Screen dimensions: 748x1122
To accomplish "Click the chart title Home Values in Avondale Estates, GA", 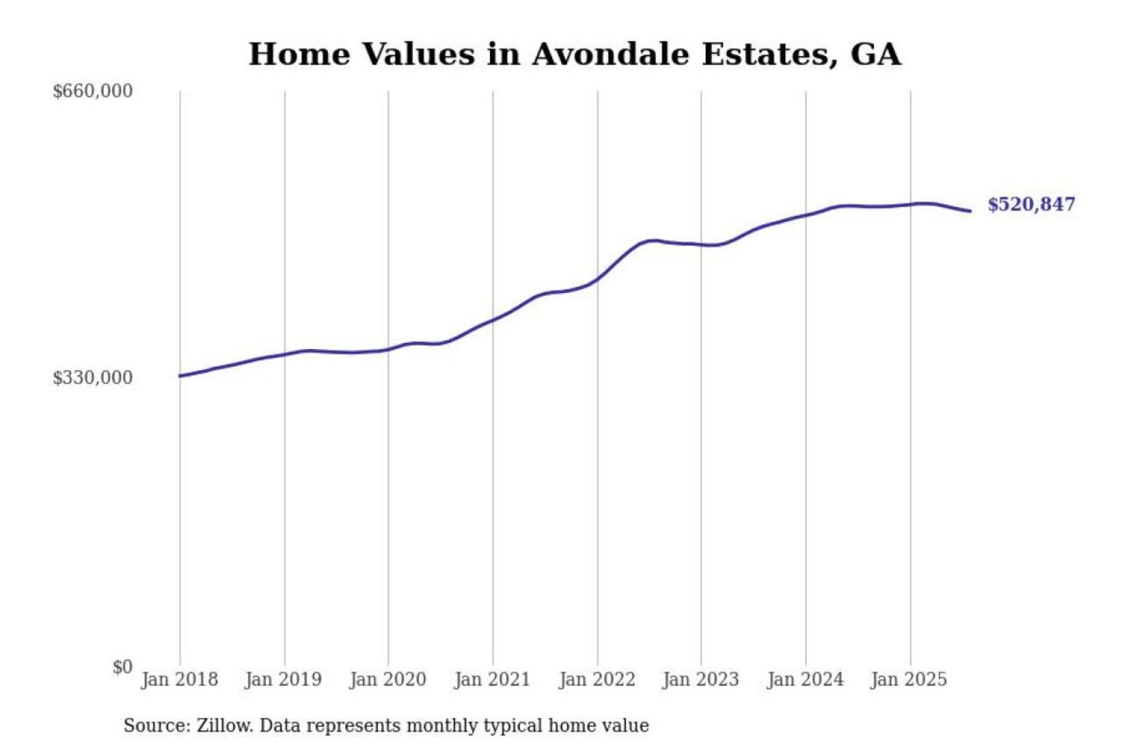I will [x=574, y=55].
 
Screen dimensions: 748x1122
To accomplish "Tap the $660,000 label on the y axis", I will [x=93, y=91].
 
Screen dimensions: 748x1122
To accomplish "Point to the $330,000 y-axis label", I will [x=93, y=378].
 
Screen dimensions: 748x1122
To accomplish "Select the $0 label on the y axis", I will [x=122, y=667].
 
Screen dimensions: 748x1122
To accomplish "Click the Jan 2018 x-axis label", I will [x=179, y=679].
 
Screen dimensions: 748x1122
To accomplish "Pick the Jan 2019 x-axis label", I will [x=283, y=679].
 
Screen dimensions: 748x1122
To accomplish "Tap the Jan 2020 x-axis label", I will [x=387, y=679].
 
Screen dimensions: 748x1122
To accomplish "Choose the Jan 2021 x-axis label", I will [x=492, y=679].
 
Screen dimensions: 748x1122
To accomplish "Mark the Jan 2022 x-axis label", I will [x=597, y=679].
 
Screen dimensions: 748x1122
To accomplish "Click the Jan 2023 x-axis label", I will [x=700, y=679].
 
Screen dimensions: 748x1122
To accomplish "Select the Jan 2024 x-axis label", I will [x=805, y=679].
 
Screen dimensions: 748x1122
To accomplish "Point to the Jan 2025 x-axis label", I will [x=909, y=679].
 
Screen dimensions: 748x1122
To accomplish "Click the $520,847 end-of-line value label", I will [x=1031, y=204].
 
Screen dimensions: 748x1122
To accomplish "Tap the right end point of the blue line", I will [x=970, y=211].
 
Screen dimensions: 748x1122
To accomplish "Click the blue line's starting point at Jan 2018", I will [x=180, y=376].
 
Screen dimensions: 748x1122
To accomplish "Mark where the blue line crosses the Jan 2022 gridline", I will [x=598, y=278].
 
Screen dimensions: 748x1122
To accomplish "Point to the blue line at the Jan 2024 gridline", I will [x=806, y=214].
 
